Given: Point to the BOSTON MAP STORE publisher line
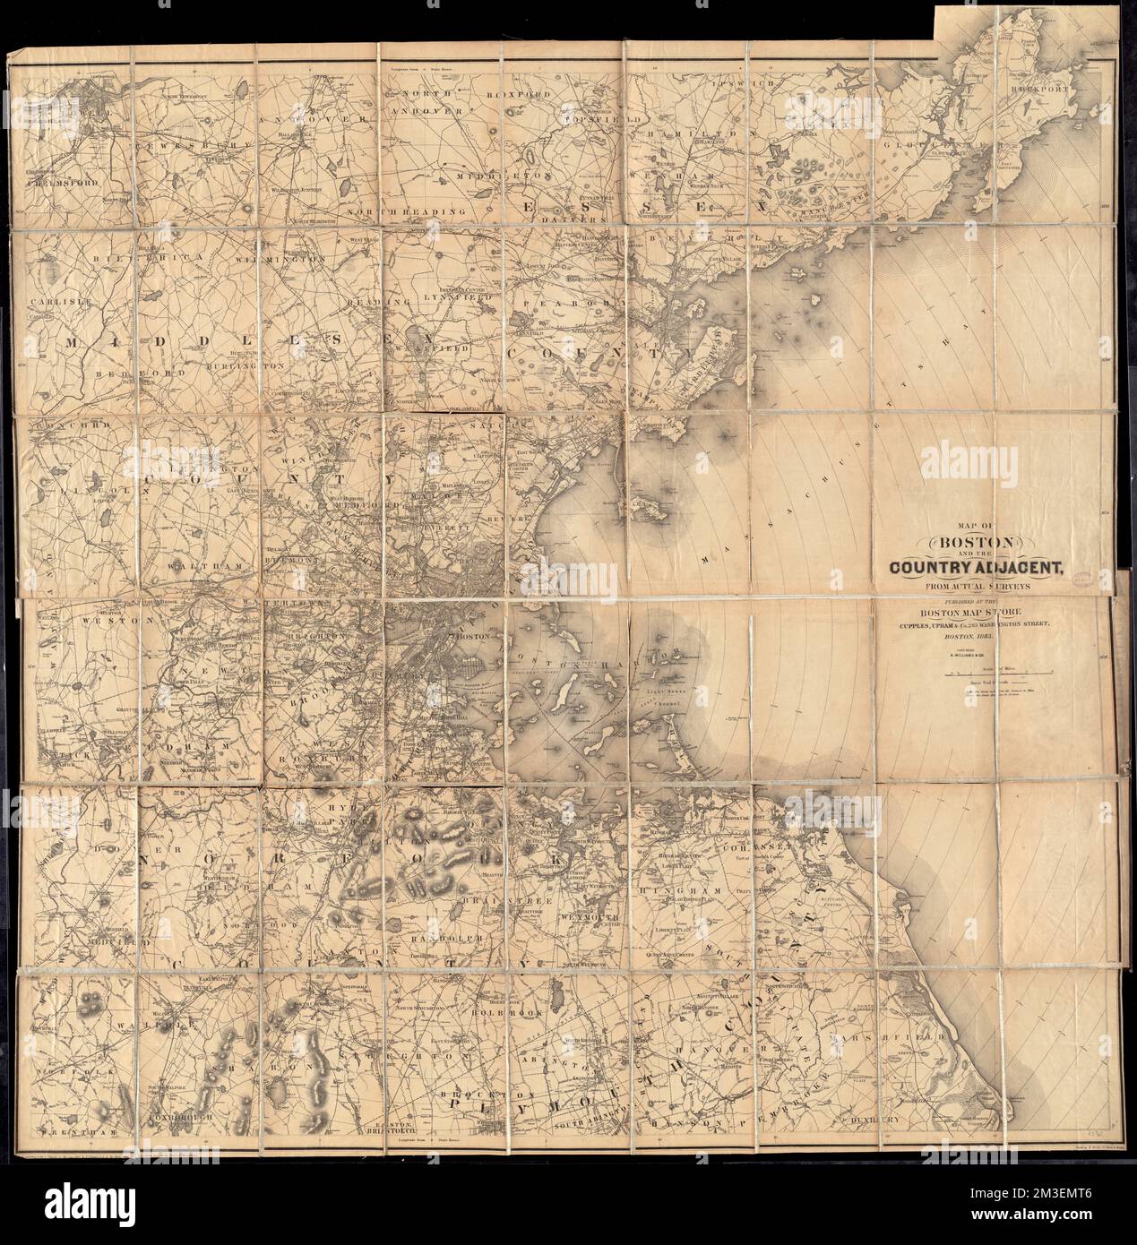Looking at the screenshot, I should click(x=979, y=611).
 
